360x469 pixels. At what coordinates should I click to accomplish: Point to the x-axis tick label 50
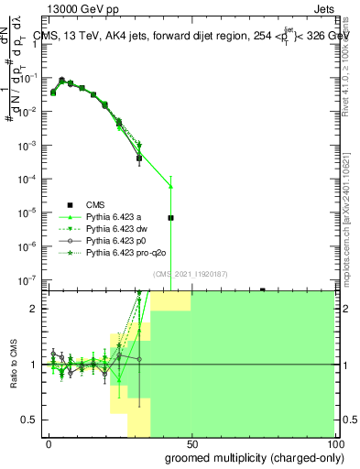click(x=191, y=442)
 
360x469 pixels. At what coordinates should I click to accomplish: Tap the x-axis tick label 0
click(x=49, y=442)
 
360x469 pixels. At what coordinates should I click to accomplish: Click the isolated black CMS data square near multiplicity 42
click(x=170, y=218)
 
